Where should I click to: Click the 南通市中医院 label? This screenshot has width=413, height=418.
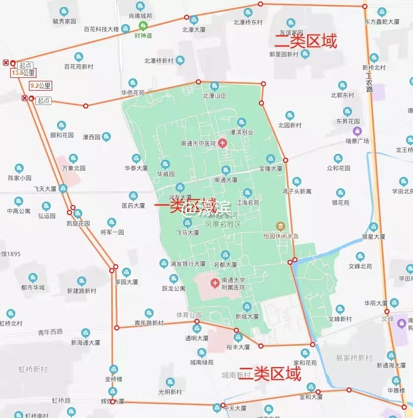[198, 144]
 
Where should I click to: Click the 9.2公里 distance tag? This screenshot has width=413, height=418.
[40, 86]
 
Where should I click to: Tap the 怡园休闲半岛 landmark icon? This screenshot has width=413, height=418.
[280, 227]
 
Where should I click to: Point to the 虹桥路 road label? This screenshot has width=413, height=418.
[62, 400]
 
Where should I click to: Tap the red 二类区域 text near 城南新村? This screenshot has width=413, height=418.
[269, 375]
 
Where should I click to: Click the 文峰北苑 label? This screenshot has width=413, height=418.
[360, 266]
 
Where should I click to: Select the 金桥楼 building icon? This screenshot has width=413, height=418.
[113, 369]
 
